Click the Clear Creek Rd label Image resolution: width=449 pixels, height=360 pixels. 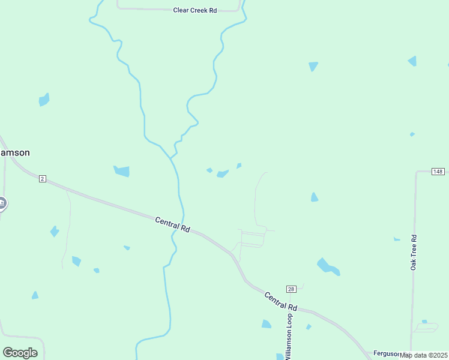(194, 10)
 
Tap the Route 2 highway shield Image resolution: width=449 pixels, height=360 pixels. (42, 179)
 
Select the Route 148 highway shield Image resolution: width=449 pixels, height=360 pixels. (438, 172)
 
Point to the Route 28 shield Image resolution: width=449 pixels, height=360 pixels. (291, 289)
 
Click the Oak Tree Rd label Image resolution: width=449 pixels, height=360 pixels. (414, 253)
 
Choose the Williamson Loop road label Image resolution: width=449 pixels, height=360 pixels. (289, 335)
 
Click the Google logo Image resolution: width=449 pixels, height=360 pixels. (20, 353)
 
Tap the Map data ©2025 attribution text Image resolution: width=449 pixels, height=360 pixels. (424, 355)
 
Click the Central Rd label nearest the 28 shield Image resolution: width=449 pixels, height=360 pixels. (281, 301)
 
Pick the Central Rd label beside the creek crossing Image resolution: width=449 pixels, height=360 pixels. (172, 225)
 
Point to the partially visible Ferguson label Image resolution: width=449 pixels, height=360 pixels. (386, 353)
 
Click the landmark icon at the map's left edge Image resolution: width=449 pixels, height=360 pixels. (2, 203)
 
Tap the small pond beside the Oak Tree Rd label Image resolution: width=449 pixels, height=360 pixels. (397, 239)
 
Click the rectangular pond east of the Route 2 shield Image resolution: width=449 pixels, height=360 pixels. (122, 172)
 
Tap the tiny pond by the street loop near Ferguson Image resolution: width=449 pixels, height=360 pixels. (424, 322)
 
